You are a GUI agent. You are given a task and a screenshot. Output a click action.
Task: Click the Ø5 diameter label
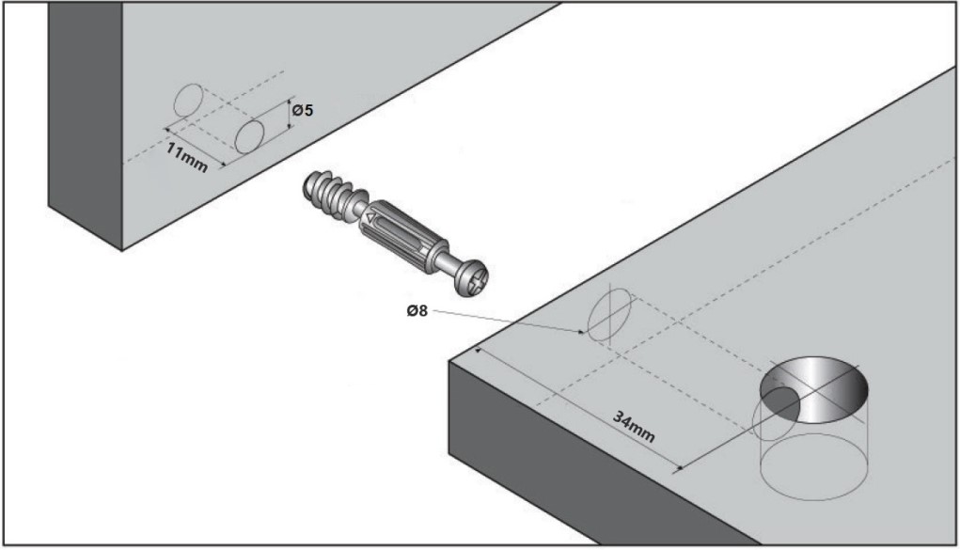click(x=302, y=111)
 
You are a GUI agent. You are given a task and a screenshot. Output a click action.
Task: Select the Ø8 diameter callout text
click(x=417, y=311)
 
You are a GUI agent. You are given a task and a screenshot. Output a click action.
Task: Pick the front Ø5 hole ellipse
click(x=249, y=136)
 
